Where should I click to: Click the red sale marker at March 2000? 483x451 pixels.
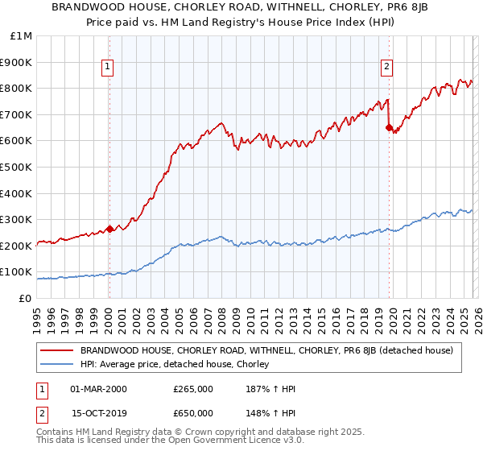[x=109, y=228]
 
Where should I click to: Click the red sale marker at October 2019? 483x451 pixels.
[x=389, y=127]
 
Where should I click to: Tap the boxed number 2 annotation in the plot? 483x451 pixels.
[x=387, y=67]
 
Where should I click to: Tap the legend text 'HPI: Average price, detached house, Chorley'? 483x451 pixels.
[x=174, y=365]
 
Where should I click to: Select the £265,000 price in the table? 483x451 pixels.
[x=192, y=389]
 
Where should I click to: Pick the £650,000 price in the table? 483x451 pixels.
[x=192, y=413]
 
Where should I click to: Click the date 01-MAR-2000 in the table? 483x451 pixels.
[x=98, y=389]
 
